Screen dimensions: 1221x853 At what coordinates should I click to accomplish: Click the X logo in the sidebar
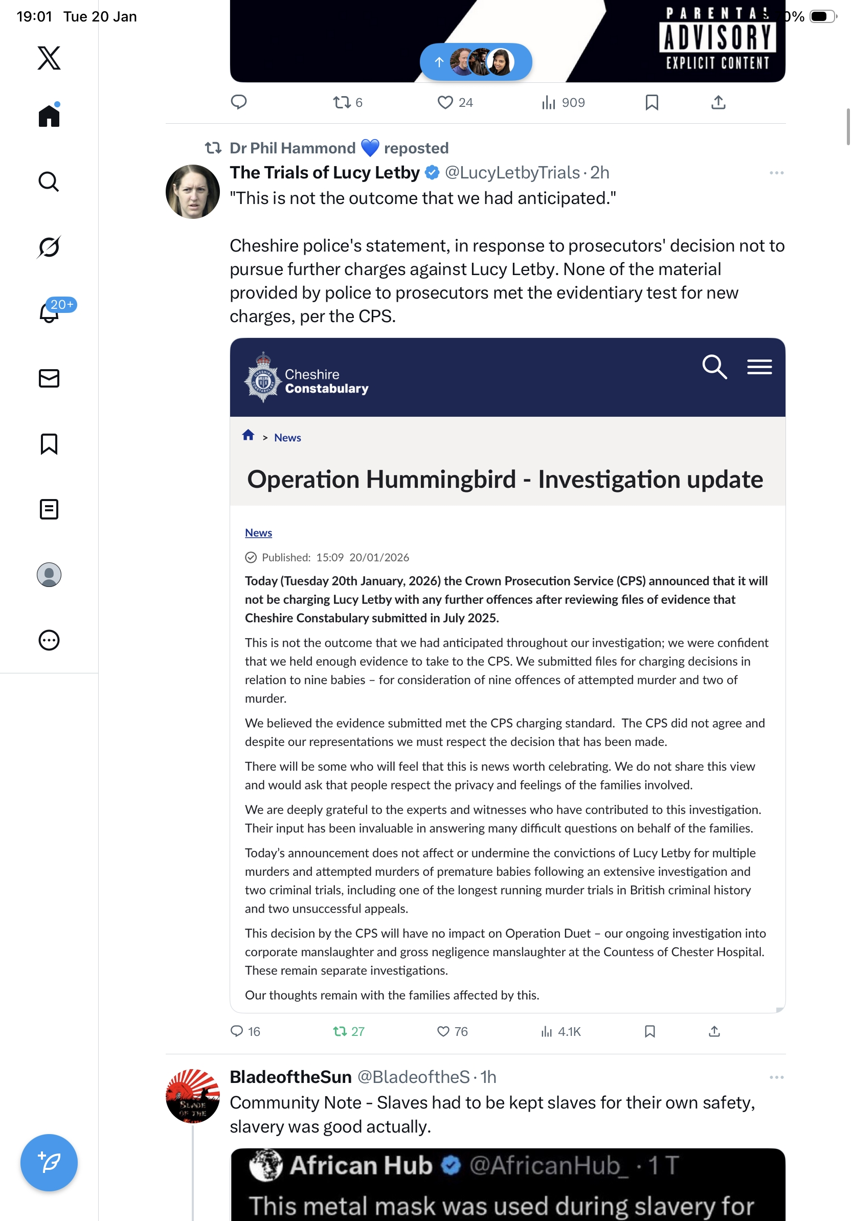point(49,57)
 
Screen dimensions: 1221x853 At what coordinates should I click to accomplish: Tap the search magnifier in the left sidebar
point(49,182)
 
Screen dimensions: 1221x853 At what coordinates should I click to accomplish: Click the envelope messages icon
point(49,378)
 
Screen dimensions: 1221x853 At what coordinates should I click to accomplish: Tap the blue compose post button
point(49,1163)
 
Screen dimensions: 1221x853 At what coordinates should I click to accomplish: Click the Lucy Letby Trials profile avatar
point(192,191)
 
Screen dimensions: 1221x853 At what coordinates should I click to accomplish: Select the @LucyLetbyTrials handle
point(511,173)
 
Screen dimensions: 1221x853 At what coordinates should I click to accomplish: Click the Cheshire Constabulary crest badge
point(262,377)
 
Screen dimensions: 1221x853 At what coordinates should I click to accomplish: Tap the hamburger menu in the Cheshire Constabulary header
point(759,367)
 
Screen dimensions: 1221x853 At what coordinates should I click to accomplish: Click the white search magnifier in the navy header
point(714,367)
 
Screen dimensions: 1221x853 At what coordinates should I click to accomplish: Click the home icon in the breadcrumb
point(248,436)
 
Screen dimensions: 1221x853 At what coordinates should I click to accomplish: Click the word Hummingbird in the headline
point(441,479)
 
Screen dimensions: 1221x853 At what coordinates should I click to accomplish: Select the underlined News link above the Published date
point(258,533)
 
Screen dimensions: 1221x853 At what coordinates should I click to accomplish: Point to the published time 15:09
point(330,557)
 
